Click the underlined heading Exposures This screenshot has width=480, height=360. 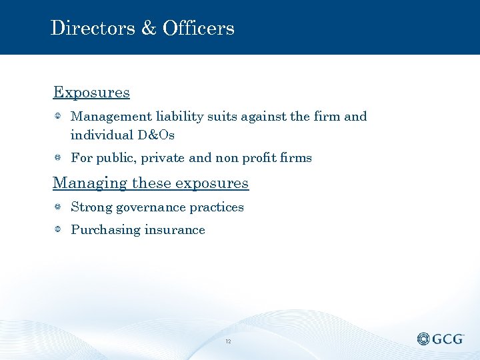[91, 92]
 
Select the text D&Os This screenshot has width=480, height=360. [156, 135]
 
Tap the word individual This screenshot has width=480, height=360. [102, 135]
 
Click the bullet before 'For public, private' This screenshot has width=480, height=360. [58, 158]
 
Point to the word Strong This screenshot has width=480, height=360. [91, 207]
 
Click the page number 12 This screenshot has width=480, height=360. [228, 341]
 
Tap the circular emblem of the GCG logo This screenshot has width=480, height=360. [424, 339]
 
